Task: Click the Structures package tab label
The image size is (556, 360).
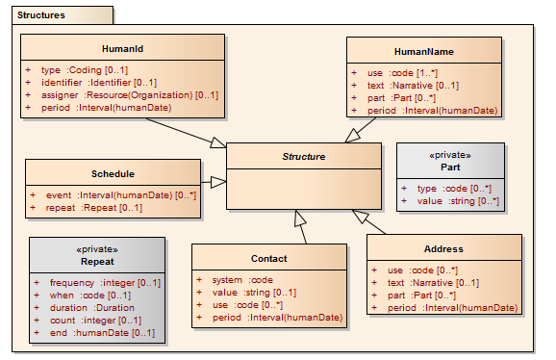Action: pos(41,15)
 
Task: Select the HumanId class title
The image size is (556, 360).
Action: pos(122,48)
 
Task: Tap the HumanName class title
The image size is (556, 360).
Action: pos(424,52)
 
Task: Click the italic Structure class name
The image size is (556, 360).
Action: pos(304,156)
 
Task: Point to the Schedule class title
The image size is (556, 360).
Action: pos(113,174)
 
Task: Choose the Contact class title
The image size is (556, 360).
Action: pos(269,259)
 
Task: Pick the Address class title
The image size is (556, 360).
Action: pos(443,249)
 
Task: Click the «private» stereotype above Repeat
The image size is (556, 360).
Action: pos(97,249)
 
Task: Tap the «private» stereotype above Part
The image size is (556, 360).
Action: pos(450,155)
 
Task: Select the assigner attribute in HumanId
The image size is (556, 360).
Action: pos(130,95)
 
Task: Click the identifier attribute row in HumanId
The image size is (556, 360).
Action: pos(99,83)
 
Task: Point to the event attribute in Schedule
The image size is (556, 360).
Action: pos(121,195)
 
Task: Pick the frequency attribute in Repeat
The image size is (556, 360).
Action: pos(105,283)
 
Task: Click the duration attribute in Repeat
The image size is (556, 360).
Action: pos(92,308)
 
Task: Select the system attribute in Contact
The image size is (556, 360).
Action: pos(243,280)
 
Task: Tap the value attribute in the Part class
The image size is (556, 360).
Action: pos(458,201)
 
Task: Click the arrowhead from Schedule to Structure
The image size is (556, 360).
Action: pos(218,182)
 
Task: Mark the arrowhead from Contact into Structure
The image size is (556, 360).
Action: pos(300,218)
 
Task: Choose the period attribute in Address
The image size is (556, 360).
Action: pos(453,308)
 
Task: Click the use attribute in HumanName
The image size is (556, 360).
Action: pos(403,73)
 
